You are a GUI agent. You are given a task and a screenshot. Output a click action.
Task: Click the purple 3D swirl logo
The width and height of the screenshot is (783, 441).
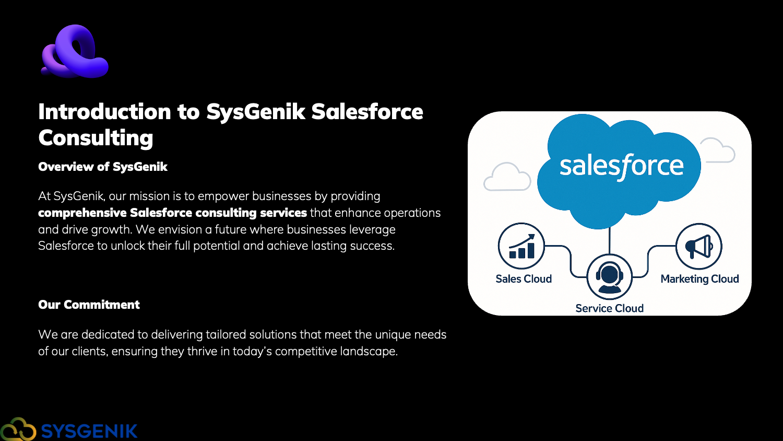(x=75, y=51)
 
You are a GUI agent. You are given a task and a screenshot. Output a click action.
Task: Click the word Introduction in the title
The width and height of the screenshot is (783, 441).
(x=104, y=112)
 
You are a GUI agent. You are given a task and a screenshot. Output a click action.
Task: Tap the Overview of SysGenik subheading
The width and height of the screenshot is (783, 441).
(x=103, y=167)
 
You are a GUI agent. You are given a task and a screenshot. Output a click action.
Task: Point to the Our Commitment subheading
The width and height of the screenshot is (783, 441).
(x=89, y=305)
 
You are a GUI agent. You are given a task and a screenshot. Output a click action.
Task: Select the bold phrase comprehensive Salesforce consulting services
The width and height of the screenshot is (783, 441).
(x=172, y=213)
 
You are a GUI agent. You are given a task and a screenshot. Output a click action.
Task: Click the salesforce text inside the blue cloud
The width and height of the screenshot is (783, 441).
(x=621, y=166)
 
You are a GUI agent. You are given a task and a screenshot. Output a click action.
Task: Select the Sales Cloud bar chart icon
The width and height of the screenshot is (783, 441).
(x=521, y=246)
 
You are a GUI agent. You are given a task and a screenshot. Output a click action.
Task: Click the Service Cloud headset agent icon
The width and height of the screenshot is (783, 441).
(x=609, y=277)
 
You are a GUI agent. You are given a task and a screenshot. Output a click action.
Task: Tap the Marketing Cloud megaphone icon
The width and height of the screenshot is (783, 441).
(x=699, y=247)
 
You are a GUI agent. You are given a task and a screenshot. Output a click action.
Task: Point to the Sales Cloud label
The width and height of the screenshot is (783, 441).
(x=524, y=279)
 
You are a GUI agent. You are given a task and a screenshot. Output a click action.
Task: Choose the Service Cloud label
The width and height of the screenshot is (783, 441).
(x=609, y=308)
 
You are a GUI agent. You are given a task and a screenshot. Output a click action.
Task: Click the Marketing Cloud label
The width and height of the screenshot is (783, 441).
(x=700, y=279)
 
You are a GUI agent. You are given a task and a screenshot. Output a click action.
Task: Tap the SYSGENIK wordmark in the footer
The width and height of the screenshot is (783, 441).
(x=89, y=431)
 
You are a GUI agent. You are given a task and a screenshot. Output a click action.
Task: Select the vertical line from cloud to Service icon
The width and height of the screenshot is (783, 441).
(x=610, y=241)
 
